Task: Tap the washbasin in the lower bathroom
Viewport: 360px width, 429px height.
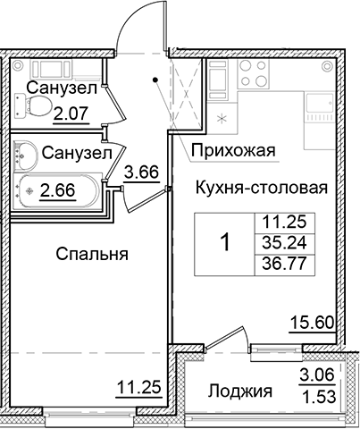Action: pos(25,158)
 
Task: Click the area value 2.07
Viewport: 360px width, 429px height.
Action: pos(71,112)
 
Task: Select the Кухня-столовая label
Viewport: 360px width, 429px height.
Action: pos(256,188)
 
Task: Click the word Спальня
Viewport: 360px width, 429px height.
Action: pos(92,254)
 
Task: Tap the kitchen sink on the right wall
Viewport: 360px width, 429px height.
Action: pos(318,105)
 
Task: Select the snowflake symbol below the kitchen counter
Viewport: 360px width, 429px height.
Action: pos(223,117)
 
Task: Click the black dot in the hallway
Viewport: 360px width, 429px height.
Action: pos(157,80)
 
